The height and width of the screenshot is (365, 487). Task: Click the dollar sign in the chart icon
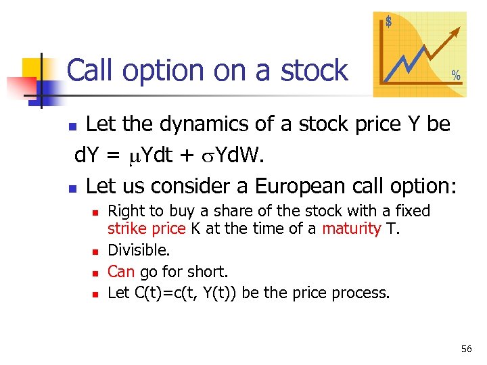tap(389, 22)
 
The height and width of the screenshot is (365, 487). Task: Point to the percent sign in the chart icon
tap(456, 76)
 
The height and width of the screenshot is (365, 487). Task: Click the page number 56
tap(466, 349)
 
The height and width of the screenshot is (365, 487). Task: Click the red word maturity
tap(351, 228)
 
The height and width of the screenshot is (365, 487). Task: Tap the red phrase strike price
tap(146, 228)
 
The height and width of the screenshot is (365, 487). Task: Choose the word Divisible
tap(138, 250)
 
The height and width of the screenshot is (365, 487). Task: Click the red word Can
tap(121, 272)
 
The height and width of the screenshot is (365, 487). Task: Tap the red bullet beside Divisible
tap(95, 251)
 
